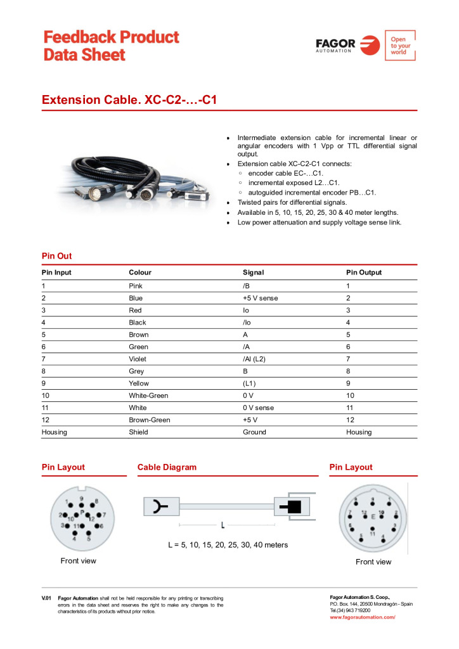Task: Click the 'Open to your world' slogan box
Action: pos(400,46)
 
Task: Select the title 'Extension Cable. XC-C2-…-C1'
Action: pos(129,100)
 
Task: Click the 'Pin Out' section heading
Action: pos(56,256)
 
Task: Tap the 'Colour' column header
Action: pos(140,273)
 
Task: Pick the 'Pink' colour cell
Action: pos(136,286)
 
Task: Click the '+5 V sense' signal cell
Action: pos(260,298)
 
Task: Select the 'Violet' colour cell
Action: pos(138,359)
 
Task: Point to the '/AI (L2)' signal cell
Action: pos(254,359)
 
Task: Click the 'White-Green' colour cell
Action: pos(148,395)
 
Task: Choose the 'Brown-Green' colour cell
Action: pos(149,420)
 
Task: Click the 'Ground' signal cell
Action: pos(254,432)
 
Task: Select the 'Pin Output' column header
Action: pos(364,273)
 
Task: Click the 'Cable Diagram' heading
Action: pos(167,467)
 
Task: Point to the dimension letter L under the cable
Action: pos(223,525)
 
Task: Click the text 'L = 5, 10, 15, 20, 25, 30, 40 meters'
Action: pos(228,544)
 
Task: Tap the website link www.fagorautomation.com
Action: pos(362,617)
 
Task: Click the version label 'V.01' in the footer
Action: pos(46,598)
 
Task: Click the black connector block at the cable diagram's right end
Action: pos(293,506)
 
